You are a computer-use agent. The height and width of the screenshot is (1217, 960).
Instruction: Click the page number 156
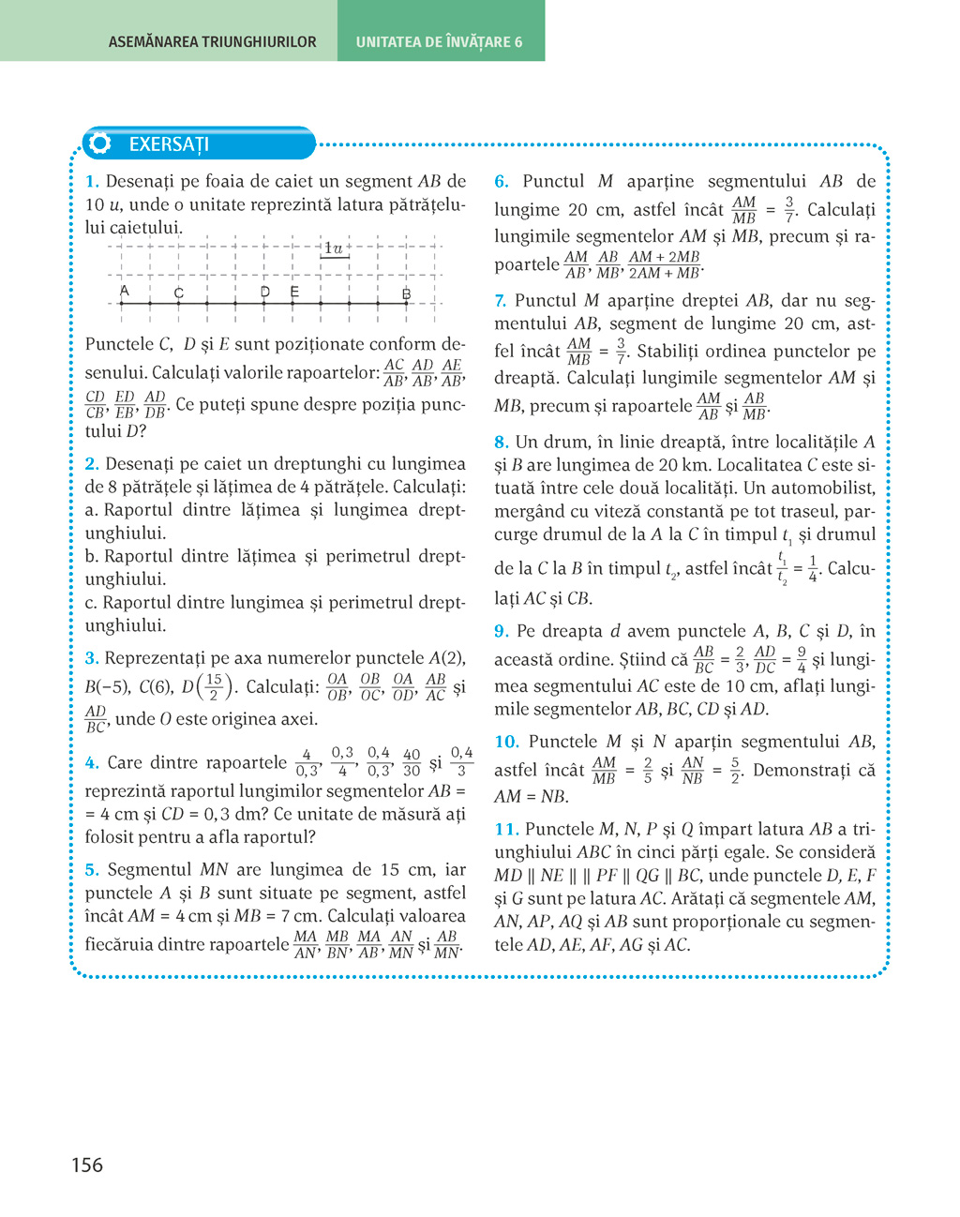tap(87, 1165)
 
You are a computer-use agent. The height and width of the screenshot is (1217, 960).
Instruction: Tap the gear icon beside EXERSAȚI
tap(99, 143)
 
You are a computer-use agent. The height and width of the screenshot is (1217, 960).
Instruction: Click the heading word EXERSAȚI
tap(169, 144)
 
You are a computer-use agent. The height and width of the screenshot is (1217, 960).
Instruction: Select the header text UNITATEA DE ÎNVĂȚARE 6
tap(439, 42)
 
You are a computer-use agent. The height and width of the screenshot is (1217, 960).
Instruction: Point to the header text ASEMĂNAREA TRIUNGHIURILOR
tap(212, 42)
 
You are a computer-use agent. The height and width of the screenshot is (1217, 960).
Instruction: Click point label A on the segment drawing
tap(124, 292)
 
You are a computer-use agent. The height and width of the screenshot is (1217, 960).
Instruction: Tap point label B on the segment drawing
tap(406, 293)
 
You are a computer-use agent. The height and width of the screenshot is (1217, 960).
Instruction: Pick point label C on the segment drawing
tap(178, 293)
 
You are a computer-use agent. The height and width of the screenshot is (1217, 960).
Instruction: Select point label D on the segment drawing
tap(265, 293)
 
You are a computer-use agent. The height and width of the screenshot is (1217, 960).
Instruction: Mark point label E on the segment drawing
tap(294, 293)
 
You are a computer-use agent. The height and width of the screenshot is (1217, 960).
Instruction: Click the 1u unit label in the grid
tap(333, 248)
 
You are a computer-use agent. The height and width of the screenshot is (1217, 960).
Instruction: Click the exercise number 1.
tap(92, 182)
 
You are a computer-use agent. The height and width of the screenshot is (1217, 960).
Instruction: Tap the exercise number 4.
tap(92, 763)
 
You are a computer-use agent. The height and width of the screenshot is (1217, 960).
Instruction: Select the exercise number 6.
tap(502, 182)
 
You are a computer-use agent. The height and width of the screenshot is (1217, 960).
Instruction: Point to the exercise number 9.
tap(502, 632)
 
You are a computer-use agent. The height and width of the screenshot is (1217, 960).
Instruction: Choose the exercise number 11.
tap(506, 830)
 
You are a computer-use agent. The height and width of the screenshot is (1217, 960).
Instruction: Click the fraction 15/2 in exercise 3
tap(214, 687)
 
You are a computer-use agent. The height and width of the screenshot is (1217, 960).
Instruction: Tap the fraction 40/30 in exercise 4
tap(412, 762)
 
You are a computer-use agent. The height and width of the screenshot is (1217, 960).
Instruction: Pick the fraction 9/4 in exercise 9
tap(802, 660)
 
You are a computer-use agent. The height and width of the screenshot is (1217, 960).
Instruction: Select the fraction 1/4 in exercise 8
tap(813, 569)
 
